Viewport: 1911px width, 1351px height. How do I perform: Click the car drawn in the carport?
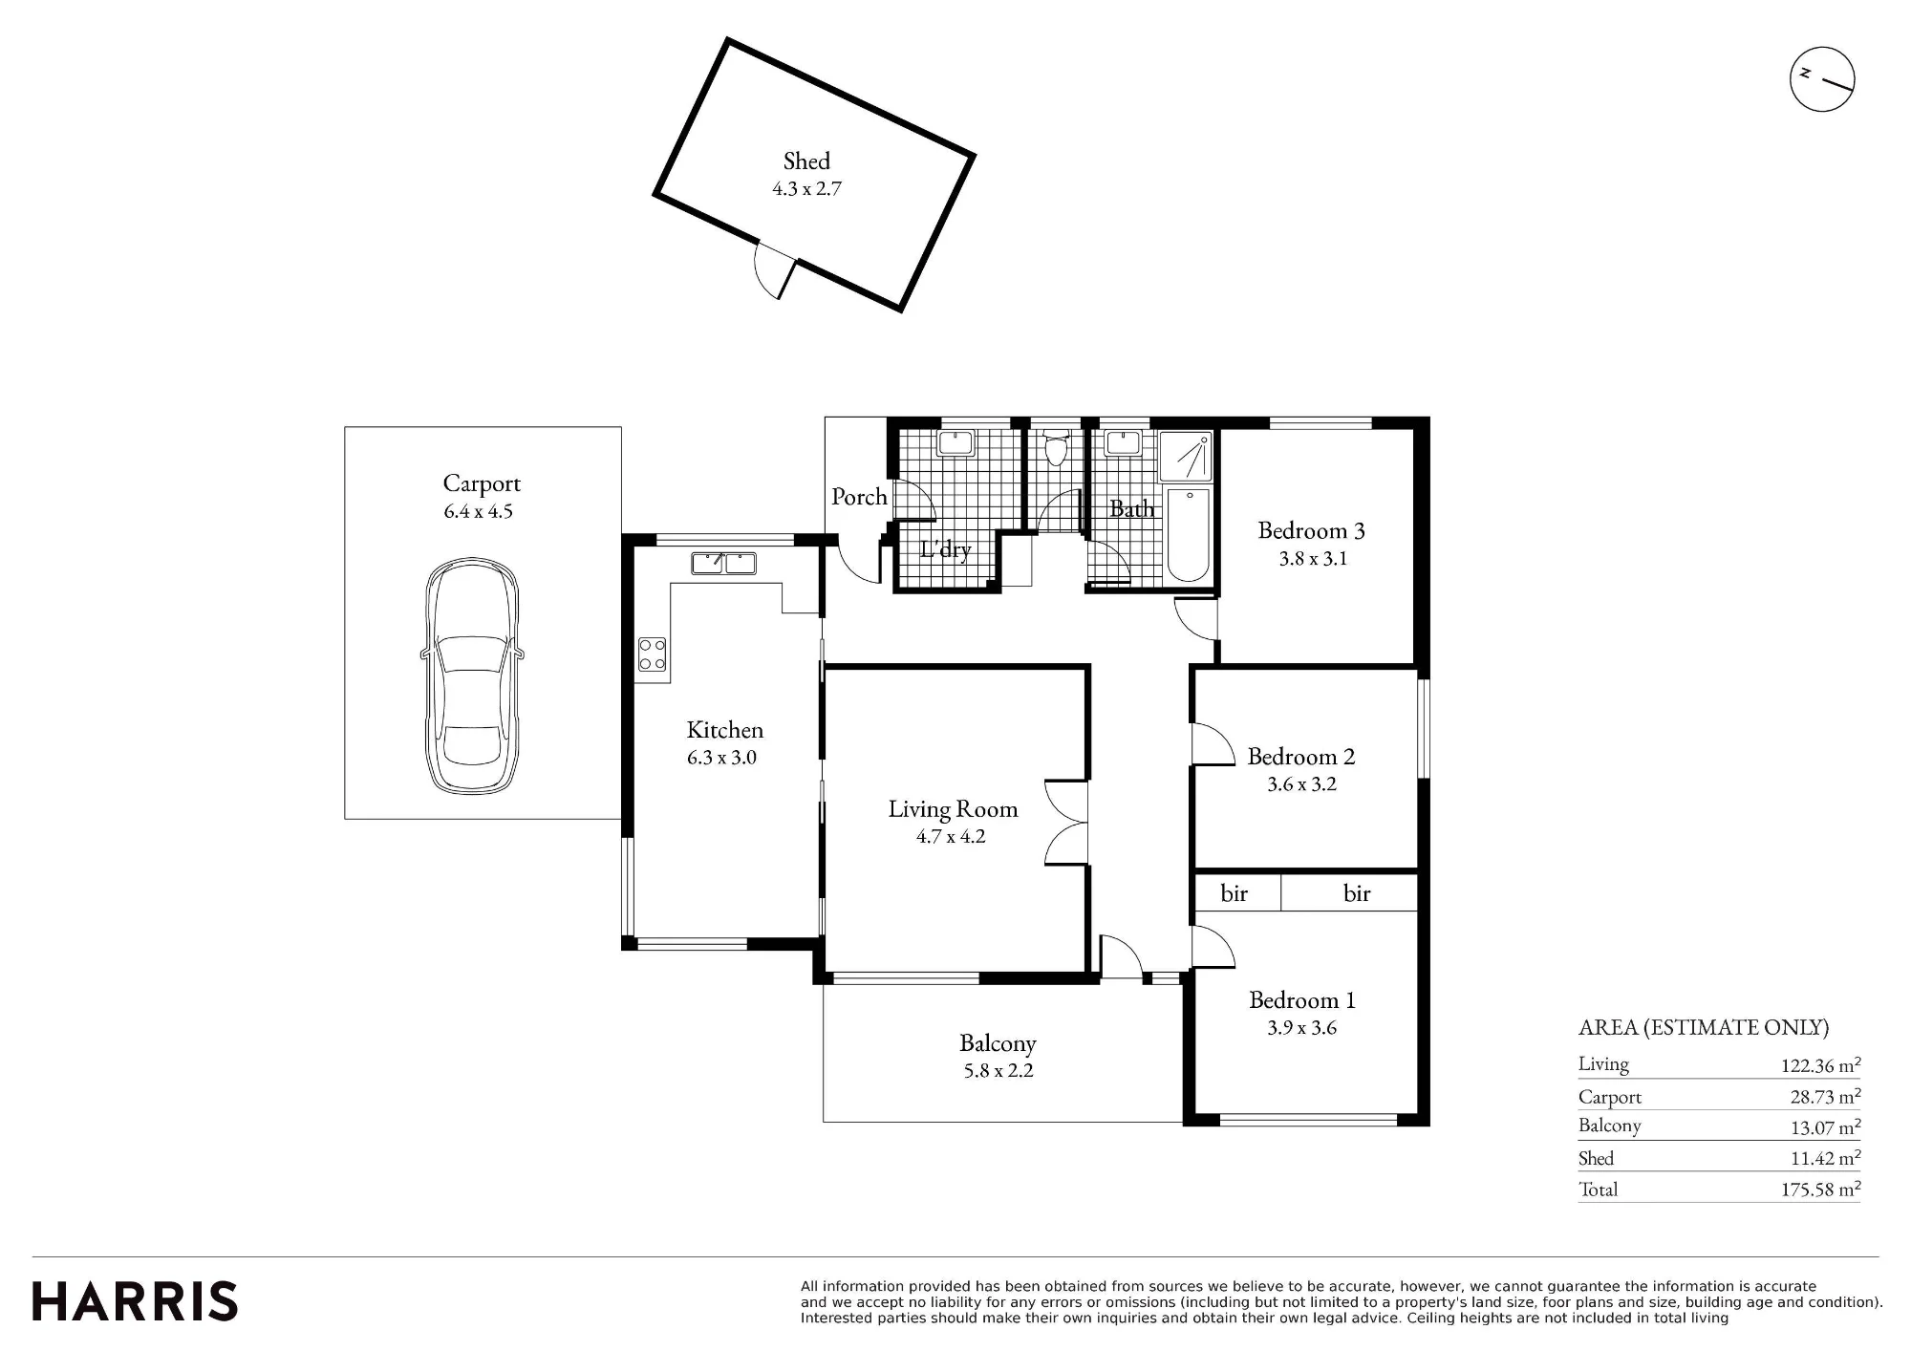click(x=472, y=675)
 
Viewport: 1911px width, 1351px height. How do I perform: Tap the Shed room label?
click(x=806, y=161)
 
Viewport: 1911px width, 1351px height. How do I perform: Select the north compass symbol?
click(x=1822, y=79)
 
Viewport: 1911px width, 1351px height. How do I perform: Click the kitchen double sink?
click(x=723, y=563)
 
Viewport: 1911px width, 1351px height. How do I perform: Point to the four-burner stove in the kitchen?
click(x=653, y=654)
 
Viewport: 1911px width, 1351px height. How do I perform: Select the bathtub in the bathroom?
click(x=1188, y=535)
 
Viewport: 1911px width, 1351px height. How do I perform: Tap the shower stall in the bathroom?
click(x=1186, y=457)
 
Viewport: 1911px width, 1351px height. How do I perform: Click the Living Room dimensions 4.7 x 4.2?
click(x=951, y=837)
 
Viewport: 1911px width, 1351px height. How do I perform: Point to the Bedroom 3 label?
click(x=1311, y=530)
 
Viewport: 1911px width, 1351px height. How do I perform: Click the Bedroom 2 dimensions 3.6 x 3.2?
click(x=1301, y=784)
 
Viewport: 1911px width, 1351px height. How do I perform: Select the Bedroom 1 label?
click(x=1301, y=1000)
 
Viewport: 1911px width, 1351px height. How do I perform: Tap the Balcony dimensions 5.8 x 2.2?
click(x=998, y=1071)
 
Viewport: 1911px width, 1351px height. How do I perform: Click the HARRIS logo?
click(x=135, y=1301)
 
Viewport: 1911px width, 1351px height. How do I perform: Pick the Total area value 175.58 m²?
click(x=1820, y=1190)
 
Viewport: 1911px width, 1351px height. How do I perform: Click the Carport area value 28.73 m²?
click(x=1825, y=1097)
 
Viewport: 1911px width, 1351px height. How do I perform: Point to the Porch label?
click(x=859, y=497)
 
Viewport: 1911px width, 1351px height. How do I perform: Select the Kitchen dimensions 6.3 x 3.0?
click(x=721, y=758)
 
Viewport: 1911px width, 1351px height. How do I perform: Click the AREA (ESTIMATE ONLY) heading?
click(x=1704, y=1028)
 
